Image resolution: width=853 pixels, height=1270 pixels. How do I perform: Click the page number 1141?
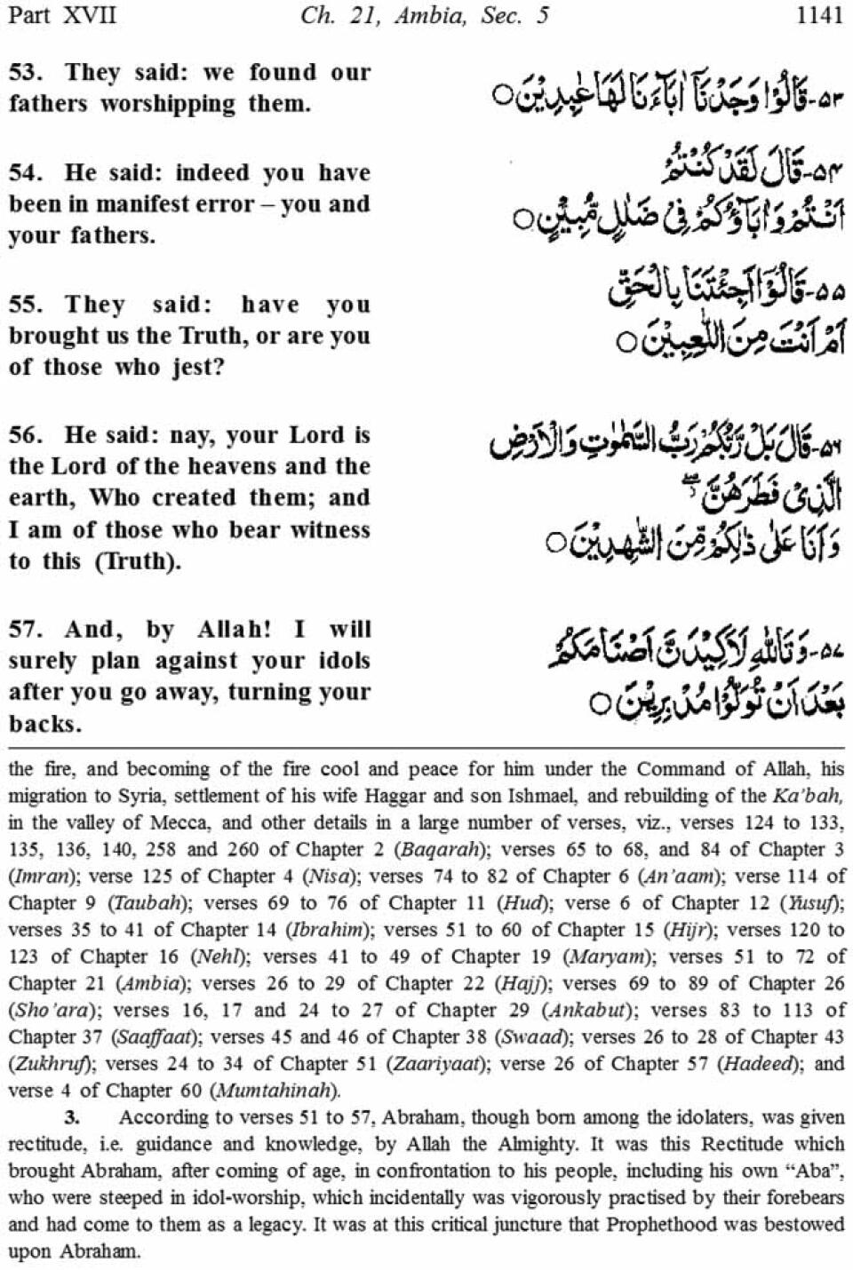[818, 17]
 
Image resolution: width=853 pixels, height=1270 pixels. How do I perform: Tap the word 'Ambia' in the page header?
[431, 17]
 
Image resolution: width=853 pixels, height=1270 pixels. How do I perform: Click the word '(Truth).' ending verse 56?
[134, 561]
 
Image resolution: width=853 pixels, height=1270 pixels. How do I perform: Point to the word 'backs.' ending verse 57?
[45, 724]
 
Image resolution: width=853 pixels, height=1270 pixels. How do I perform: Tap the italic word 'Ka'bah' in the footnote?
[805, 796]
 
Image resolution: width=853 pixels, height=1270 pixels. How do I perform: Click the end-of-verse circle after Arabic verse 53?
[504, 92]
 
